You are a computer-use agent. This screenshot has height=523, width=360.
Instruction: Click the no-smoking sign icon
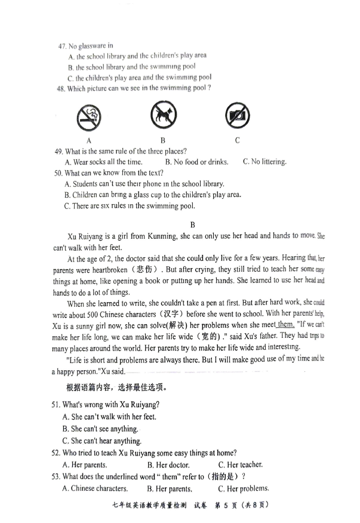pos(88,117)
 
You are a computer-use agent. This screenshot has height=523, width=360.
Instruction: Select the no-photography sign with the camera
pos(237,114)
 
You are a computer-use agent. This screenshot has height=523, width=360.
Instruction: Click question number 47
pos(61,46)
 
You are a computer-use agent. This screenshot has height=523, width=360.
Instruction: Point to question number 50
pos(58,173)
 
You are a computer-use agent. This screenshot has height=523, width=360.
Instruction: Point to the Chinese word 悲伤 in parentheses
pos(138,269)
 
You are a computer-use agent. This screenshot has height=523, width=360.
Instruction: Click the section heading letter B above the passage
pos(193,224)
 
